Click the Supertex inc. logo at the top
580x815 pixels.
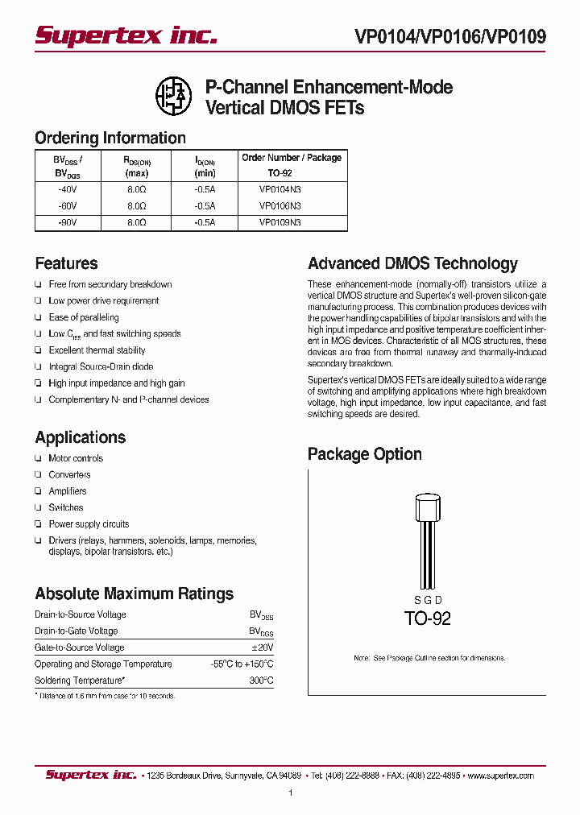coord(126,35)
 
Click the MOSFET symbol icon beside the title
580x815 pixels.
coord(172,94)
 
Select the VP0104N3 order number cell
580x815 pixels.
coord(280,189)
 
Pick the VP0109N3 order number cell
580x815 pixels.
coord(280,221)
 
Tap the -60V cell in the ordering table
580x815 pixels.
coord(67,205)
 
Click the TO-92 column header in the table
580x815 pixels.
coord(280,173)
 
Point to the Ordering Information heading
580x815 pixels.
coord(110,138)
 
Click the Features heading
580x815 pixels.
coord(66,263)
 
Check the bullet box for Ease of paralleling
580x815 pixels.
coord(38,317)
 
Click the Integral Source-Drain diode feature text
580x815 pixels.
coord(101,366)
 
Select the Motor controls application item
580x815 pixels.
coord(76,458)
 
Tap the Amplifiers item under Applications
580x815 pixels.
coord(68,491)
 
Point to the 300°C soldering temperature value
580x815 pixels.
coord(262,681)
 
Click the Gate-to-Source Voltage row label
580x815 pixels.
coord(79,647)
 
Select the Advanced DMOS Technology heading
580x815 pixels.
coord(412,263)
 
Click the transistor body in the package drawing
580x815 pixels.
coord(428,510)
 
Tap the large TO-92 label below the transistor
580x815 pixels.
coord(427,618)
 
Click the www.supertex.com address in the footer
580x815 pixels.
coord(500,776)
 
